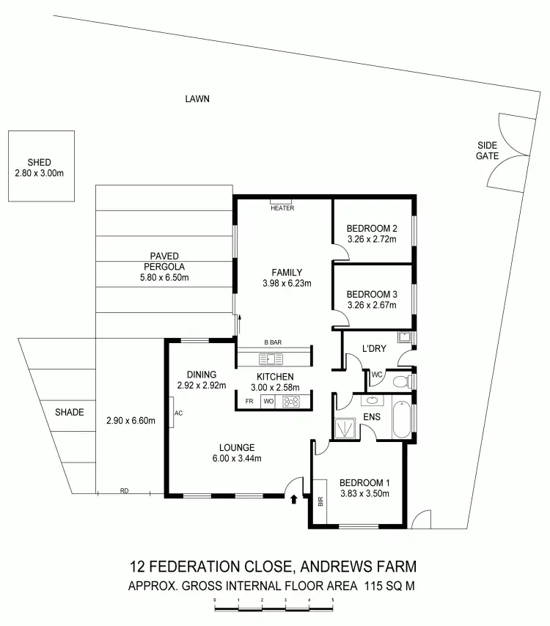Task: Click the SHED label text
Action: coord(40,162)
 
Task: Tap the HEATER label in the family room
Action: coord(282,208)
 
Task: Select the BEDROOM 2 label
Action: coord(372,227)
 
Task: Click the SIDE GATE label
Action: coord(487,151)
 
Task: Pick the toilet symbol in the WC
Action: coord(400,381)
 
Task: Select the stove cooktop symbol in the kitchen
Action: coord(291,402)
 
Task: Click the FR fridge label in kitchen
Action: coord(249,402)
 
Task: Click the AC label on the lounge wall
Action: coord(177,413)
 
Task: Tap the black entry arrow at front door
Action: coord(295,501)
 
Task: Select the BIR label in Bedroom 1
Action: coord(320,503)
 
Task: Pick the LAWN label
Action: coord(197,98)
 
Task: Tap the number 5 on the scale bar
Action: coord(333,600)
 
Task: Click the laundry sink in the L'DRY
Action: coord(403,338)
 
